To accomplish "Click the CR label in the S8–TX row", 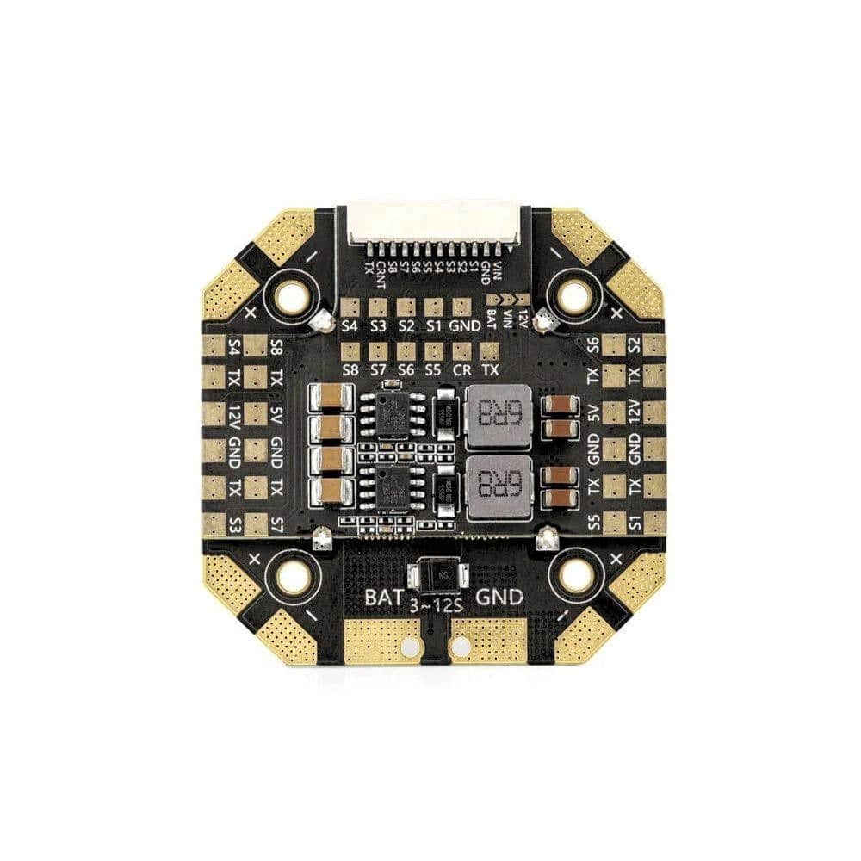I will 462,369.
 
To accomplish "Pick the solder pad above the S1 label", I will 434,307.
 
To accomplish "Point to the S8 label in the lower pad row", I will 350,369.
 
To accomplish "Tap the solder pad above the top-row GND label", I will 462,307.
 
